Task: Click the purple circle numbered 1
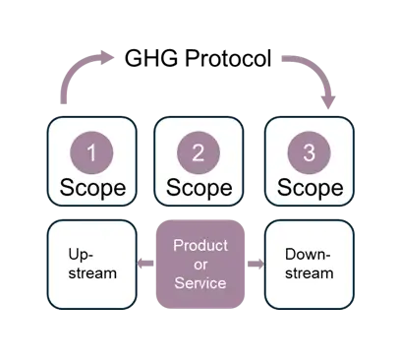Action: (x=91, y=152)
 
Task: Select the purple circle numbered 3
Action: (x=309, y=152)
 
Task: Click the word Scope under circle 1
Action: (x=91, y=187)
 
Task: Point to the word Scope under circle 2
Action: (x=199, y=187)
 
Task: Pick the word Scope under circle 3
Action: (x=309, y=187)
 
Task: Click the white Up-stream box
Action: (x=91, y=263)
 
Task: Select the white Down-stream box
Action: (x=309, y=263)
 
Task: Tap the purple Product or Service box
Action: (x=199, y=263)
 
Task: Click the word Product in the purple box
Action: (x=199, y=243)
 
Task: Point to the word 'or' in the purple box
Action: (x=199, y=263)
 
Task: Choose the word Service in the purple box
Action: (x=199, y=282)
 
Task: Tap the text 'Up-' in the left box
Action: (x=82, y=253)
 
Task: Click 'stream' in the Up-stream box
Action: (x=91, y=272)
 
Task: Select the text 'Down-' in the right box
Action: (x=308, y=253)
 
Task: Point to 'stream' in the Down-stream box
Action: (x=309, y=272)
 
